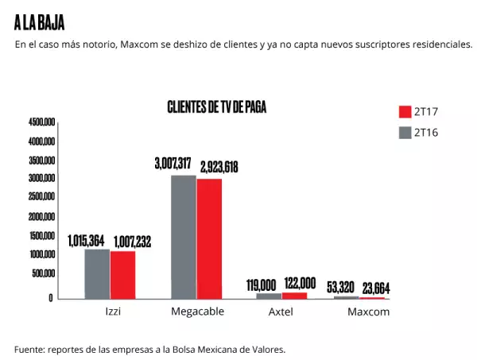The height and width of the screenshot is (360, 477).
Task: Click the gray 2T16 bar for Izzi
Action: point(97,274)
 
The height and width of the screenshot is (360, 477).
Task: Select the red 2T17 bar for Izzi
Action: point(122,275)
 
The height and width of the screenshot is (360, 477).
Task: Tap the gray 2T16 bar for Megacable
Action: point(184,237)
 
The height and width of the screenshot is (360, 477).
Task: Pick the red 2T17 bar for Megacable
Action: point(209,238)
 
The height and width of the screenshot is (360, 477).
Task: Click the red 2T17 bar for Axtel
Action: point(294,296)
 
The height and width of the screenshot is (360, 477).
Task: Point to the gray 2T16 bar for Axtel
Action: point(269,296)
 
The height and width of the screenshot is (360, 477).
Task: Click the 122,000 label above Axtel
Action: point(299,283)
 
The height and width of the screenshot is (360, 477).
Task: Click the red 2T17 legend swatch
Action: point(404,111)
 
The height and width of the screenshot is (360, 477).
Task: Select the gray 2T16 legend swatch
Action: point(404,133)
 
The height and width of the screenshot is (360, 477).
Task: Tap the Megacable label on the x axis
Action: point(197,312)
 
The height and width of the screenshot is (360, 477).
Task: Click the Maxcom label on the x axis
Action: point(368,312)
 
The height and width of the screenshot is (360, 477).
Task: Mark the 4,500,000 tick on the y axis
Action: point(41,122)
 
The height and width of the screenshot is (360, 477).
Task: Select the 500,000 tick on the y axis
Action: point(43,273)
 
